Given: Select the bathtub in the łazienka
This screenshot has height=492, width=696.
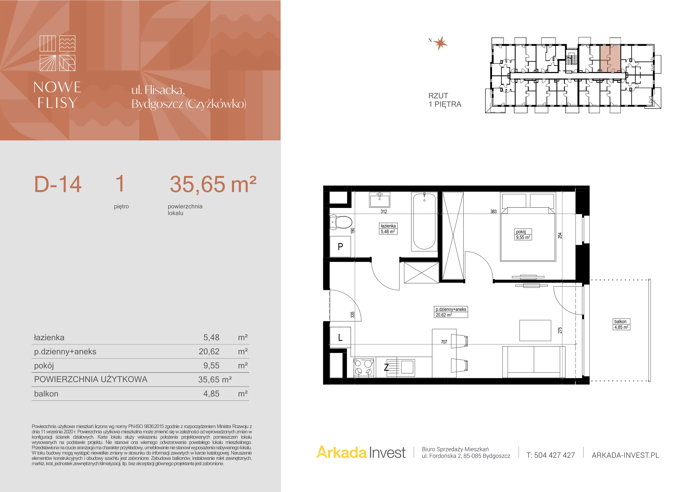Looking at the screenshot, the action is pyautogui.click(x=424, y=222).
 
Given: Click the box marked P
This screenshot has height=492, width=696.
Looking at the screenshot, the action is pyautogui.click(x=340, y=246).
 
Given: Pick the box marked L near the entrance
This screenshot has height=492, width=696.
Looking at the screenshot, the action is pyautogui.click(x=340, y=337).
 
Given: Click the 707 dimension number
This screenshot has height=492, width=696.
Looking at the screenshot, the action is pyautogui.click(x=444, y=342).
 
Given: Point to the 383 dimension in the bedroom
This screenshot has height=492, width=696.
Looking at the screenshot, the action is pyautogui.click(x=494, y=212).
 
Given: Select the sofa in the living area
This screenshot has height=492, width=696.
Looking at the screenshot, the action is pyautogui.click(x=534, y=362).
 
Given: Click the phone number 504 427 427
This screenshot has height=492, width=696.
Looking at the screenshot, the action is pyautogui.click(x=554, y=455).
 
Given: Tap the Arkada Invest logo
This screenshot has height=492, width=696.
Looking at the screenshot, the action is pyautogui.click(x=361, y=453).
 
